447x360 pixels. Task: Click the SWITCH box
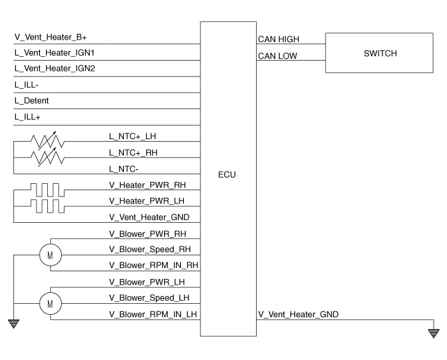[380, 54]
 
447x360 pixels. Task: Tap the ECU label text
[227, 174]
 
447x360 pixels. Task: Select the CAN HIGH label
[278, 40]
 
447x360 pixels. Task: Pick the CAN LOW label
[277, 56]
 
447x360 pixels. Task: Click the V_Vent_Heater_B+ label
[50, 38]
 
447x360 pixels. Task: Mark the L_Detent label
[31, 101]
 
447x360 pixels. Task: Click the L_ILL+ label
[27, 117]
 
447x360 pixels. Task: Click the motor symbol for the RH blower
[50, 255]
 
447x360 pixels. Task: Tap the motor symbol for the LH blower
[50, 303]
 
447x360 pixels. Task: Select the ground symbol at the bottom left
[13, 324]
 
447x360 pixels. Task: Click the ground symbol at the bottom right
[434, 333]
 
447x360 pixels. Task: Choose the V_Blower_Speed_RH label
[150, 250]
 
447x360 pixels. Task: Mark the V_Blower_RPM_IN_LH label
[154, 314]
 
